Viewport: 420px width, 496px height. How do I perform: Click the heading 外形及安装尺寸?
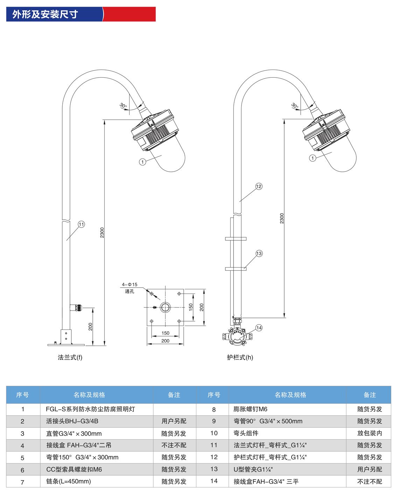45,14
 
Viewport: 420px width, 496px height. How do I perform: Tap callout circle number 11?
81,224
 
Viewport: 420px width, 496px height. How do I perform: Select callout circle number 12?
259,186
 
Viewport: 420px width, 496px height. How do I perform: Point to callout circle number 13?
259,253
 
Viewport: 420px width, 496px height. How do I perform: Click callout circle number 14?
259,328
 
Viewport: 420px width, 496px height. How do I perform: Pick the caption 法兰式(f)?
70,357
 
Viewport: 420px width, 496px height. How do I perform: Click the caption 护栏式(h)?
240,357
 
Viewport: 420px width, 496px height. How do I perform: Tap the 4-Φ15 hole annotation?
129,285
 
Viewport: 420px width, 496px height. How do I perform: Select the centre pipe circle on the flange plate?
165,307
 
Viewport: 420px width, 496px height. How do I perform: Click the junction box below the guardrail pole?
237,336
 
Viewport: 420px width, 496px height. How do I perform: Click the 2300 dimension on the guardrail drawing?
282,218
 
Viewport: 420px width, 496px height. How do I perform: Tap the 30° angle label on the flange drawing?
123,105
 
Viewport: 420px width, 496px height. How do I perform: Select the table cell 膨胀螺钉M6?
250,409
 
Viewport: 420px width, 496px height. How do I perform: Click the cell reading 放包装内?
369,433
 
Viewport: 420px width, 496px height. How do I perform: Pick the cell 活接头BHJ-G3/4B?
72,421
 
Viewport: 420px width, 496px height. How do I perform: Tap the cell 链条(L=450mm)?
69,481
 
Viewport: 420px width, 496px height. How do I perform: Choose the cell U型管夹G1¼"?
253,469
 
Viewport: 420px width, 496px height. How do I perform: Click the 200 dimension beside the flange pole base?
90,327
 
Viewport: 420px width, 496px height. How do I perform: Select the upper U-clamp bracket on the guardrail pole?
236,239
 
